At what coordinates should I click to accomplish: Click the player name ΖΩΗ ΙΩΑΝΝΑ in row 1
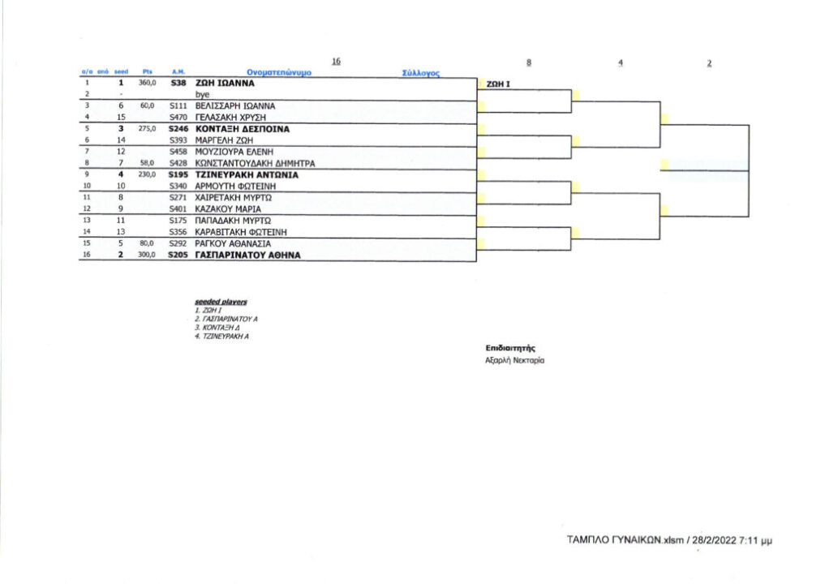226,83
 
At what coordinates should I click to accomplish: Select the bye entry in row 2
203,94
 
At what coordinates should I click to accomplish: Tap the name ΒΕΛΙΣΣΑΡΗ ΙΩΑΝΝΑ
236,105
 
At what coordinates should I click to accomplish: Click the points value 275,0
147,128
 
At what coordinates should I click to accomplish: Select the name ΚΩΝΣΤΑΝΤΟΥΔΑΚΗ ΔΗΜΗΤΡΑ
255,162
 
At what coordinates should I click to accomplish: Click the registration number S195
178,174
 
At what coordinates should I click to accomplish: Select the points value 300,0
147,255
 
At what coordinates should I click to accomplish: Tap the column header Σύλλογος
421,73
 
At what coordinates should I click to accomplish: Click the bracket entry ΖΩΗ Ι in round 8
497,84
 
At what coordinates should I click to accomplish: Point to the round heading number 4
620,62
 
